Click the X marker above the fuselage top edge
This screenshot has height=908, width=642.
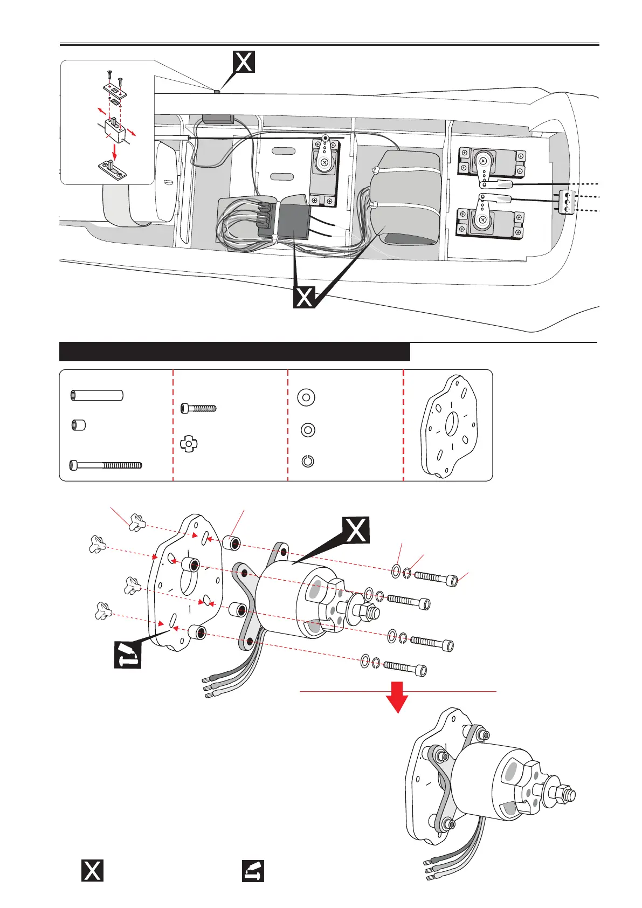243,62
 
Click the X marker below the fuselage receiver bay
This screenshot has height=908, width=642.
305,297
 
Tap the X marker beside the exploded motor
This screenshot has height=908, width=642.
356,530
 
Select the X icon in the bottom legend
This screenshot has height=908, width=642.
92,870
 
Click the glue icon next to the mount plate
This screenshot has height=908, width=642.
127,655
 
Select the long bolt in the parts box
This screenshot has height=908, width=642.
105,465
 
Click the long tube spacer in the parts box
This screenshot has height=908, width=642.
97,396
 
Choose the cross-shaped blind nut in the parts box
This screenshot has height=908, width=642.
189,445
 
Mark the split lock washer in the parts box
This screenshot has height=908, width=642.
307,462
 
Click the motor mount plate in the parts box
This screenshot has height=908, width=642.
448,426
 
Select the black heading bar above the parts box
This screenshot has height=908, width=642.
234,352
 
